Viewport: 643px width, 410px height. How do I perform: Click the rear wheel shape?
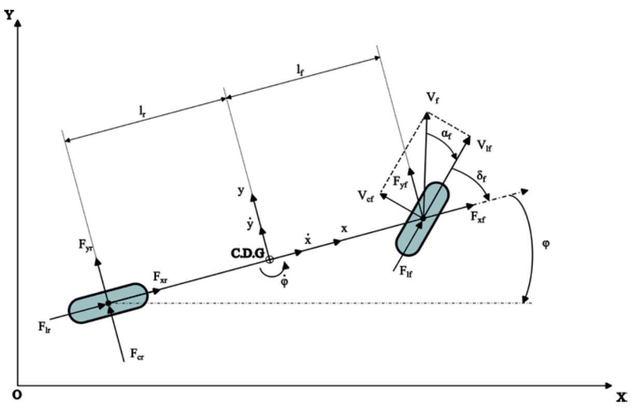108,303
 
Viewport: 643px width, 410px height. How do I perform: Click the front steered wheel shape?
423,218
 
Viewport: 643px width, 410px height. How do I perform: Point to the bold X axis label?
621,398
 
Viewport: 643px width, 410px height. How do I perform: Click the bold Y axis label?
9,15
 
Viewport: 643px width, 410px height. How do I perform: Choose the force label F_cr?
137,355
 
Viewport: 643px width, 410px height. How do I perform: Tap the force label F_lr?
44,327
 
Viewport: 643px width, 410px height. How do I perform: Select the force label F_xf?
478,217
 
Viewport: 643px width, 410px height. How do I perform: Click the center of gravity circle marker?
269,259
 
